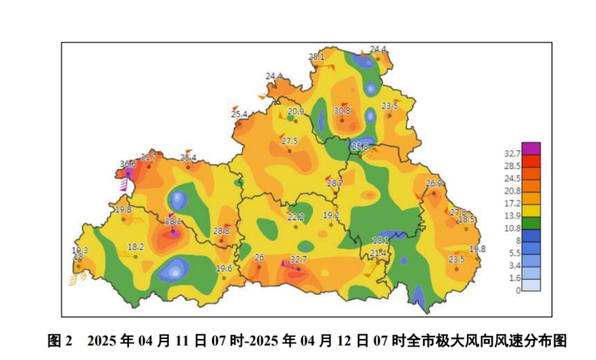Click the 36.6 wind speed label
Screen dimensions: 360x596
[128, 164]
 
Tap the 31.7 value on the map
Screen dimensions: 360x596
[149, 157]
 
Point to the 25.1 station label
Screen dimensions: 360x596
[317, 57]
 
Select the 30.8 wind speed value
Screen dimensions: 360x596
[342, 110]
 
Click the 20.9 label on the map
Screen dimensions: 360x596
[296, 112]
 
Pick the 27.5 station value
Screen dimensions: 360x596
[290, 142]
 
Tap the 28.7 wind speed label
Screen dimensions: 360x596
[335, 183]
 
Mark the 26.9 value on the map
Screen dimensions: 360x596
[434, 184]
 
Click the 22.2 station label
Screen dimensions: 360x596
[296, 217]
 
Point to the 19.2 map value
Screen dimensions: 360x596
[331, 215]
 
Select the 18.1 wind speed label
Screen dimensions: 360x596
[380, 240]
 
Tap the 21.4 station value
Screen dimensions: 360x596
[377, 253]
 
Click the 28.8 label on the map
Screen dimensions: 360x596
[222, 231]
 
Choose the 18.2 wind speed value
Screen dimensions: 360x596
[136, 246]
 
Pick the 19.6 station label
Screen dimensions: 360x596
[223, 268]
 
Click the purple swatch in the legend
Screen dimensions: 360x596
[531, 148]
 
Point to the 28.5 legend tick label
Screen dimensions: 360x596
[512, 166]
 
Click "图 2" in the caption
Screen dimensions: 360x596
[60, 341]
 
